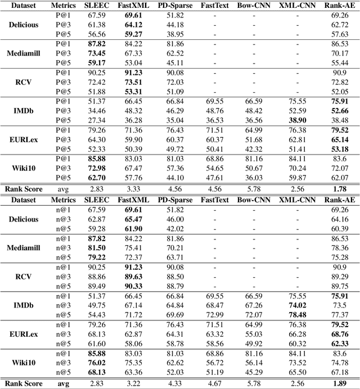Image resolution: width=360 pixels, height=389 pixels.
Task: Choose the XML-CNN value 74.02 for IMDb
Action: tap(297, 304)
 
